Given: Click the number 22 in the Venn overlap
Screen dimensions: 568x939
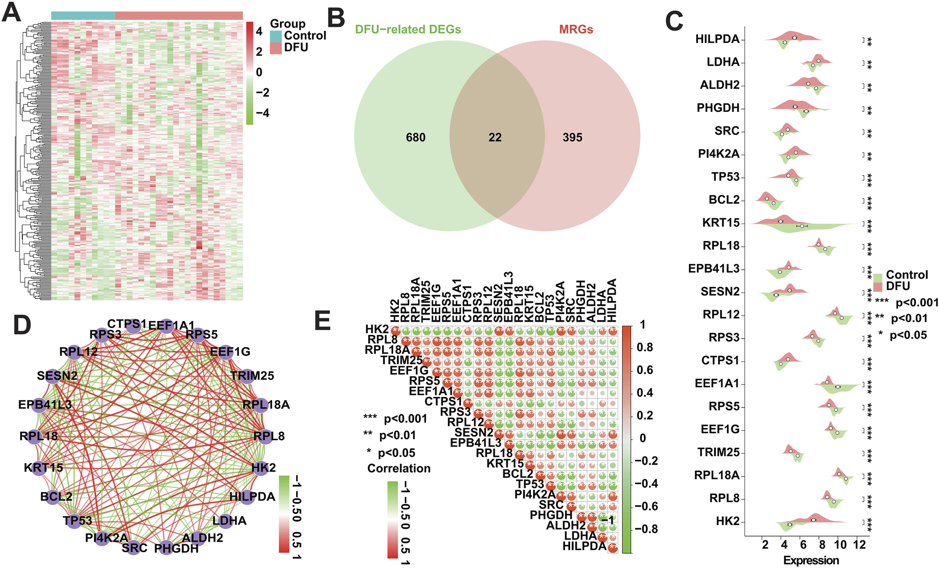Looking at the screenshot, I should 495,138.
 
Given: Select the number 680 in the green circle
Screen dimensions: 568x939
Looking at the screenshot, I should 415,138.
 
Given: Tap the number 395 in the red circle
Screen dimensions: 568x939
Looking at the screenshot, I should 572,138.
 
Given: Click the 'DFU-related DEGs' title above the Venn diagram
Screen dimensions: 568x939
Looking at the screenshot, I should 408,30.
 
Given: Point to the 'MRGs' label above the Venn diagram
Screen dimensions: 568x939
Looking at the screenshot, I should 576,30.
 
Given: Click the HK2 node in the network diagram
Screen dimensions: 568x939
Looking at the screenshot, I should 261,468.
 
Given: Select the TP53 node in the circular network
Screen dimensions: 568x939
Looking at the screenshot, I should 72,520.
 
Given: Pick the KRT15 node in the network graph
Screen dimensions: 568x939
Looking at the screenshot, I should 39,468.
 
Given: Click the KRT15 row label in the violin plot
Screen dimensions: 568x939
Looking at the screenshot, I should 721,223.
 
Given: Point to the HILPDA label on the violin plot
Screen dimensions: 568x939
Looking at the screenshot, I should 717,39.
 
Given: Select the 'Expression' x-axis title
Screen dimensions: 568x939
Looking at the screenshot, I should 811,560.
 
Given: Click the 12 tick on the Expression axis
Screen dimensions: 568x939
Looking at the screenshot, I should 860,545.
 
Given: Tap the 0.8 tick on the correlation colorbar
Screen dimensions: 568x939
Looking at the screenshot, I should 644,348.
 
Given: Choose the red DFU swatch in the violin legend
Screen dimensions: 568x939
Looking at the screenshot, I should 878,287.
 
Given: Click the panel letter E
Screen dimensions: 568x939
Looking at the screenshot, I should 323,321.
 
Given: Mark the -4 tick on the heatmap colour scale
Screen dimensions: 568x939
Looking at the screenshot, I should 262,113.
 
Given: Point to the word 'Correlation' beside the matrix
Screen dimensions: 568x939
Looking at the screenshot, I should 398,468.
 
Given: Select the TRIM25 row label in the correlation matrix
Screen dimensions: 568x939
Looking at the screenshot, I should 401,361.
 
